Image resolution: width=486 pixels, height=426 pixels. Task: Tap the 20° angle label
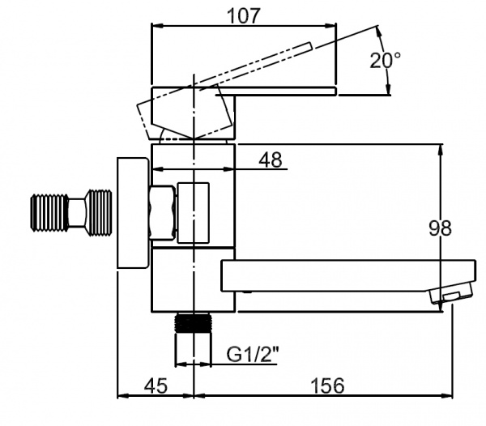click(386, 59)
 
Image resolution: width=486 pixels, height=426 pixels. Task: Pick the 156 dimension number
click(326, 386)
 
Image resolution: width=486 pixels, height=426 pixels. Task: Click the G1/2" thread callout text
click(253, 354)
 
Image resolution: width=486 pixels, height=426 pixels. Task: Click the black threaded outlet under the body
click(194, 323)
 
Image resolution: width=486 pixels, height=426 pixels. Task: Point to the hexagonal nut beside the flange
click(162, 213)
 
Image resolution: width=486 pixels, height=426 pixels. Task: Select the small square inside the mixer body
click(193, 212)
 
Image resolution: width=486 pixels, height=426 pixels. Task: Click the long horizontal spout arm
click(332, 276)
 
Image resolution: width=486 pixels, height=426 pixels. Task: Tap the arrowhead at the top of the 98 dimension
click(442, 150)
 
